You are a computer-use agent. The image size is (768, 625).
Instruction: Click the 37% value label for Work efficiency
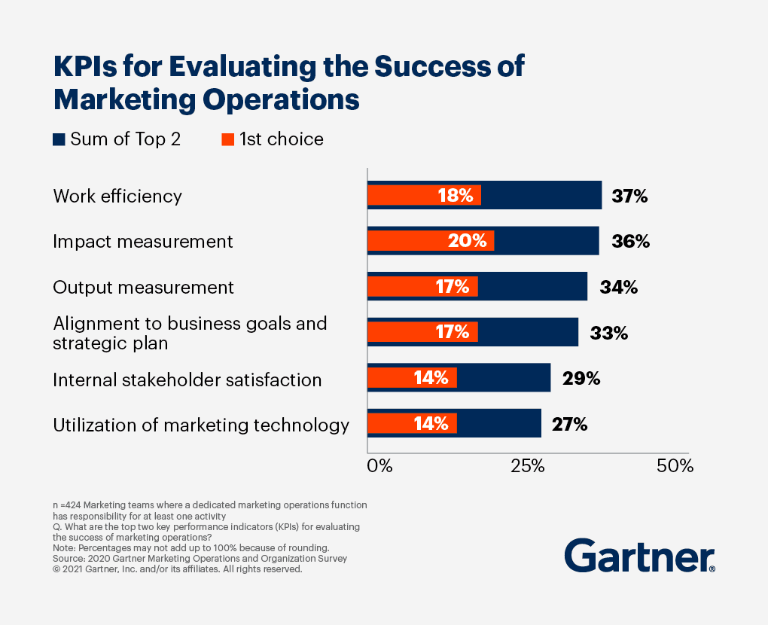629,197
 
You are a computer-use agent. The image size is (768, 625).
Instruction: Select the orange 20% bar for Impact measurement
430,242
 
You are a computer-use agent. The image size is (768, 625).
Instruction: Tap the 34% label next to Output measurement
619,288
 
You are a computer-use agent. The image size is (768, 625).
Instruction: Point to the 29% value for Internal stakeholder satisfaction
581,379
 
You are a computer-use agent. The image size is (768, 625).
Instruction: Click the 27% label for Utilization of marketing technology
569,425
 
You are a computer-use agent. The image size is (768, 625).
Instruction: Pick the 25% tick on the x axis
528,466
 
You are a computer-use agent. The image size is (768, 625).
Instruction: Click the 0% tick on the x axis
379,466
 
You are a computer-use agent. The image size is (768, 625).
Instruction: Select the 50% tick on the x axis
675,466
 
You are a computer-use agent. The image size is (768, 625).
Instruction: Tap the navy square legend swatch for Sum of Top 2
59,139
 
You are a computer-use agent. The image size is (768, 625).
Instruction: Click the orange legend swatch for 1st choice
228,139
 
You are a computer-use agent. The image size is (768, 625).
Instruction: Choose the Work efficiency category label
117,197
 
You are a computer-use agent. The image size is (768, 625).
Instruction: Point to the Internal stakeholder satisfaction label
187,380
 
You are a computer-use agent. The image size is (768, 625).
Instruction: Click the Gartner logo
639,556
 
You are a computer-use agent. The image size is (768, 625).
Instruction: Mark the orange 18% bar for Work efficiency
423,196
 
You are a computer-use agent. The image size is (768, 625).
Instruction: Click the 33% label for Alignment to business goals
609,333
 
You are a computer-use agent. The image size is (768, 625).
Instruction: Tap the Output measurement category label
143,288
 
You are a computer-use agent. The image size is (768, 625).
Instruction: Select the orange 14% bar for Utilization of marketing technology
412,425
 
